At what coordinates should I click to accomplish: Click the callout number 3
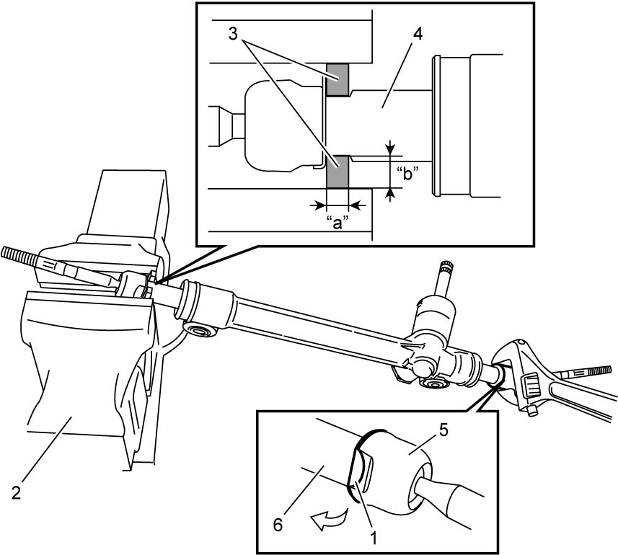click(234, 34)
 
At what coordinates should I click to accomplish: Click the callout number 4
click(418, 34)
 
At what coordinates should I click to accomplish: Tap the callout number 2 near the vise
click(16, 493)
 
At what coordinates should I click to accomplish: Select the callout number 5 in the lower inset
click(443, 430)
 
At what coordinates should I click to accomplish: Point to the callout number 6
click(278, 525)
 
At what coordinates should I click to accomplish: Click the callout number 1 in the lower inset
click(374, 537)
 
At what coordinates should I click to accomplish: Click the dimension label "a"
click(338, 223)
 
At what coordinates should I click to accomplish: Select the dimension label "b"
click(407, 173)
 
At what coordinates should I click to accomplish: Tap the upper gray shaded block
click(337, 80)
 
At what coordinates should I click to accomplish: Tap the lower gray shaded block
click(337, 171)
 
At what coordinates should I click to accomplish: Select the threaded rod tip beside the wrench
click(595, 370)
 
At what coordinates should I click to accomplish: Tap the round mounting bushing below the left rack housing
click(200, 329)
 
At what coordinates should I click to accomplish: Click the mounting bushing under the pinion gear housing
click(433, 384)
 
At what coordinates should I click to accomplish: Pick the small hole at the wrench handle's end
click(532, 410)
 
